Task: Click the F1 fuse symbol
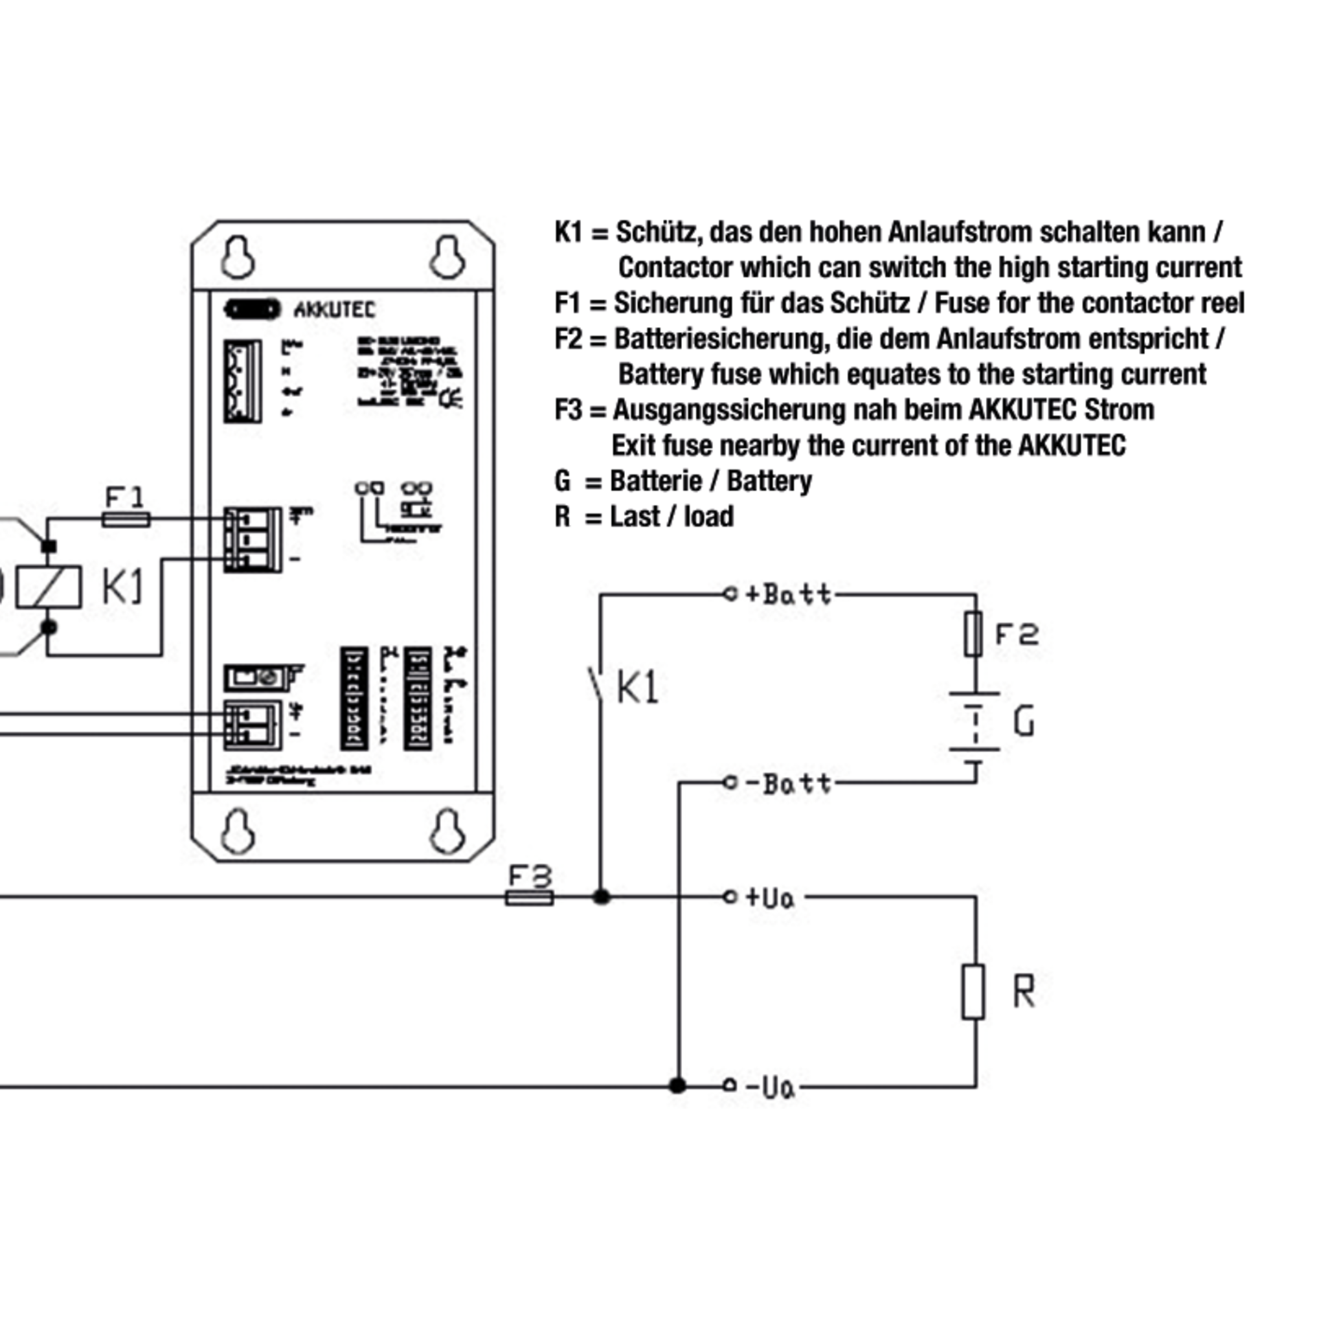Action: coord(126,519)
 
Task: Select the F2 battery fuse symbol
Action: coord(973,633)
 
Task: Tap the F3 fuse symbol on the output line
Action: coord(529,897)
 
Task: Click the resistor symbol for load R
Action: coord(973,991)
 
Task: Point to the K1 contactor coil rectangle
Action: coord(49,587)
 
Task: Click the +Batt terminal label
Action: coord(788,594)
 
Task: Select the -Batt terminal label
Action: coord(788,783)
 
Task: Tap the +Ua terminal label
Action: coord(770,898)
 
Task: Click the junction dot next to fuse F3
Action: coord(602,897)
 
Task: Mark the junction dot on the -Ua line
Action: coord(677,1086)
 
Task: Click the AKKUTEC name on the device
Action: coord(335,311)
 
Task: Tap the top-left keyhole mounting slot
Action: coord(238,258)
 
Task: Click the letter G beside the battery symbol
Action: coord(1024,722)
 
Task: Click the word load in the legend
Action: coord(709,517)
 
